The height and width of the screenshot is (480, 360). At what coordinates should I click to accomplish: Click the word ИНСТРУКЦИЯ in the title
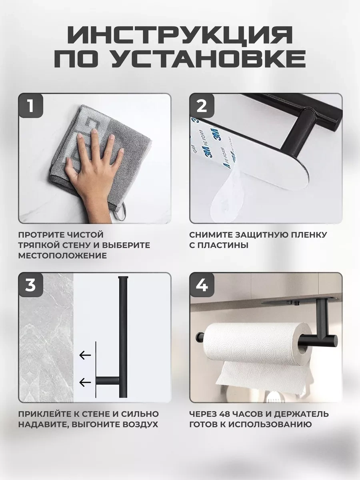[180, 35]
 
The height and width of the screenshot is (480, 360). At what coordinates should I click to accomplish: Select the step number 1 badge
[30, 106]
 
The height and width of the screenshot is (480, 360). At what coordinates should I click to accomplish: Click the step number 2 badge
[202, 106]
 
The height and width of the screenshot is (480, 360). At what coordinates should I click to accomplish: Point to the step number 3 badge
[30, 285]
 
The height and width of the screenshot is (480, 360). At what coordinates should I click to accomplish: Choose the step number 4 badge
[202, 285]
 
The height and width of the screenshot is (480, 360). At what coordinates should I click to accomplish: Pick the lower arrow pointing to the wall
[85, 383]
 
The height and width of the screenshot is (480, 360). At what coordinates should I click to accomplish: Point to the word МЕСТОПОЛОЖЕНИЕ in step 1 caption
[62, 256]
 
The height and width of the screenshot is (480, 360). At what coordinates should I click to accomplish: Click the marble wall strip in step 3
[46, 338]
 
